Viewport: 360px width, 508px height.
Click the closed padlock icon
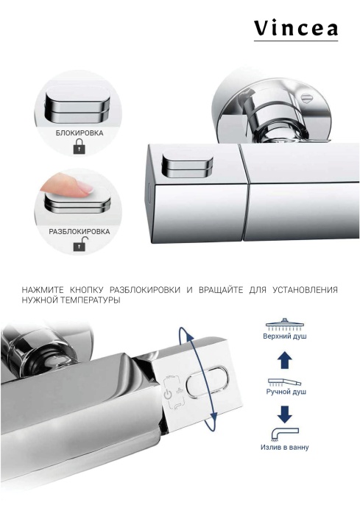[x=79, y=147]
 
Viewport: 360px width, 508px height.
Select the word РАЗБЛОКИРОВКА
[x=80, y=231]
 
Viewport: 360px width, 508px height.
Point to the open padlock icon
[x=79, y=246]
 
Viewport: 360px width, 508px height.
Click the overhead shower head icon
[x=285, y=323]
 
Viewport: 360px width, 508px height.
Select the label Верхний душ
[x=285, y=336]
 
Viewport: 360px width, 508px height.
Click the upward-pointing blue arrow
[x=285, y=361]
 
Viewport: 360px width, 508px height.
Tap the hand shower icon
[x=285, y=383]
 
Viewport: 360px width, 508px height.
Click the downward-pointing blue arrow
[x=285, y=414]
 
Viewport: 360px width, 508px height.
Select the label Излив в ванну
[x=285, y=447]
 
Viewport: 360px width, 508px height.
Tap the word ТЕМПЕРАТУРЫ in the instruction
[x=92, y=300]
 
